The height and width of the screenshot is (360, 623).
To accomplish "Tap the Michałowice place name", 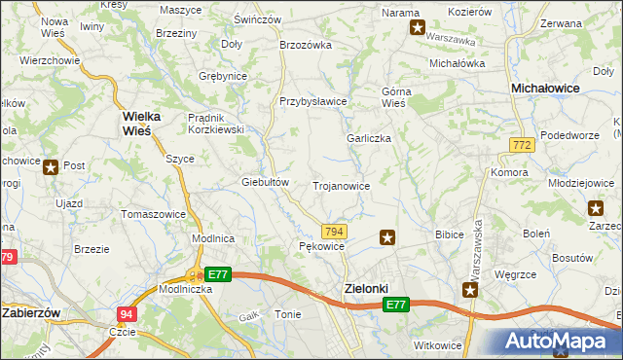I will pos(546,88).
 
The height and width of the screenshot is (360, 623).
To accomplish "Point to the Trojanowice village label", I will pos(341,185).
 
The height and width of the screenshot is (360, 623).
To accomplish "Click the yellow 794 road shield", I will pos(334,231).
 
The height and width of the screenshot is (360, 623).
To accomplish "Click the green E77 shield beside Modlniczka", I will pos(218,275).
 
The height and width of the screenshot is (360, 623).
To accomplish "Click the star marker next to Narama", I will pos(418,28).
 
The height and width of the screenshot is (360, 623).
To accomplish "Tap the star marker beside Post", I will pos(51,166).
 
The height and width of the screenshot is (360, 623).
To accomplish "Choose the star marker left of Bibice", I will pos(387,236).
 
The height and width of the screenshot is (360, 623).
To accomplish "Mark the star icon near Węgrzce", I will pos(471,290).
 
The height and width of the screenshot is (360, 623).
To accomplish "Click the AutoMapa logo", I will pos(559,341).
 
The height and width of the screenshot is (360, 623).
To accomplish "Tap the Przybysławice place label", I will pos(313,101).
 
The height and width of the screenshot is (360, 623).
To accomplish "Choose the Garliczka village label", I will pos(369,138).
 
